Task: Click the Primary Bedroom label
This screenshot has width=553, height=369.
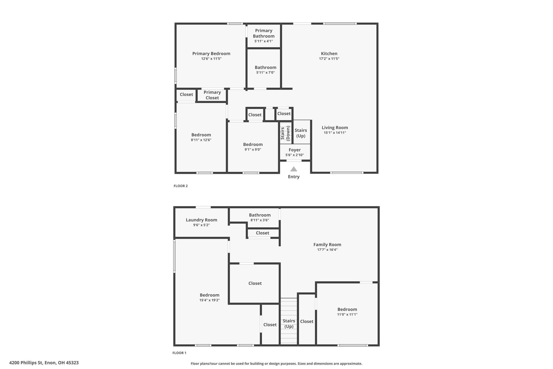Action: [x=211, y=54]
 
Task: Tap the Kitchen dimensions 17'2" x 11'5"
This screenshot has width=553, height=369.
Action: [x=329, y=59]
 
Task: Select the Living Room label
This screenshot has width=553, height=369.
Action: [x=335, y=128]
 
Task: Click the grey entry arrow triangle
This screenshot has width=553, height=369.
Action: [x=294, y=169]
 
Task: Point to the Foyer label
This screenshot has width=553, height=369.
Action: [x=295, y=150]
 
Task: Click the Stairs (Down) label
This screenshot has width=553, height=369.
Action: [x=285, y=133]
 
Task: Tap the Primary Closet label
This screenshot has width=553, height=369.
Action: [x=212, y=95]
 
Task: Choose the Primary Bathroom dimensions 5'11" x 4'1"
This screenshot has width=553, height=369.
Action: [x=264, y=41]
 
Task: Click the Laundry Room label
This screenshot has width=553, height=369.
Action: [x=201, y=220]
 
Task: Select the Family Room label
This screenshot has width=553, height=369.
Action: [x=327, y=244]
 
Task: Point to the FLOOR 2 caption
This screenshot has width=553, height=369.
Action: [x=181, y=186]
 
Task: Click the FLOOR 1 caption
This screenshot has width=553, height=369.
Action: [x=179, y=353]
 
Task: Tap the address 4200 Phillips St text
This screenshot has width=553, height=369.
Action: [x=44, y=363]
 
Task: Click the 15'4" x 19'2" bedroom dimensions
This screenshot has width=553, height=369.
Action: [x=210, y=300]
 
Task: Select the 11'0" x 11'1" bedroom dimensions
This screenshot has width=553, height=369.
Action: [x=347, y=314]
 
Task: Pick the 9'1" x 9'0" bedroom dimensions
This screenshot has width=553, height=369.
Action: [x=253, y=149]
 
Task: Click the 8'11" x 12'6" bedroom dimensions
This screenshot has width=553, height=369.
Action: [x=201, y=140]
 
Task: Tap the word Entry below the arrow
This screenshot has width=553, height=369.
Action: [x=294, y=177]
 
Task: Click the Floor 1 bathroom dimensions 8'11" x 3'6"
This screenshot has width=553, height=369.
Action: [x=260, y=220]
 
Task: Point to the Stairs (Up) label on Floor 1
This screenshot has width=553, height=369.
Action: [x=289, y=324]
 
